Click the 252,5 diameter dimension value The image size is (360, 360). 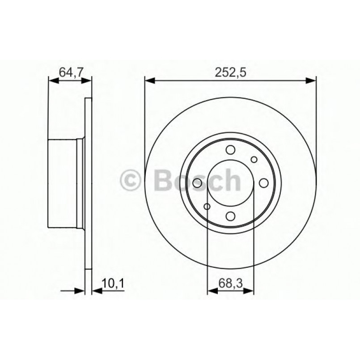(230, 72)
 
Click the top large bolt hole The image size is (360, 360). (230, 150)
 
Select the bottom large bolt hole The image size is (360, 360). (230, 216)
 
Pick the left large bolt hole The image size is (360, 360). (197, 183)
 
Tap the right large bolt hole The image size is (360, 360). (263, 183)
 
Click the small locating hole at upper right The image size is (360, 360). (254, 159)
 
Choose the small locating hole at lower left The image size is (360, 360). (207, 206)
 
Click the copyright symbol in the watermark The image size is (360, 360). (131, 180)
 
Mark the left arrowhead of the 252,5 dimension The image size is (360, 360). (149, 81)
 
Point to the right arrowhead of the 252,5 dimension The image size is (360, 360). (312, 81)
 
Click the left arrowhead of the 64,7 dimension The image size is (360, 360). (52, 81)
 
